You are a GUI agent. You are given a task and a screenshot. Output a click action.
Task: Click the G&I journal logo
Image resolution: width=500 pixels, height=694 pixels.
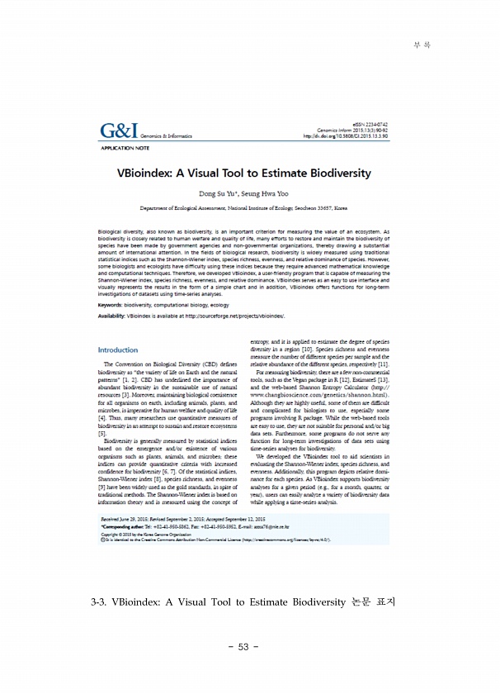tap(118, 131)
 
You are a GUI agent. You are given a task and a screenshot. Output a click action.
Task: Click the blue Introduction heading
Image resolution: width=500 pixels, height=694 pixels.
tap(118, 349)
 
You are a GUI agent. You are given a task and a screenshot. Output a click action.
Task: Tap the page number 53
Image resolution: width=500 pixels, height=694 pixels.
tap(243, 646)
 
